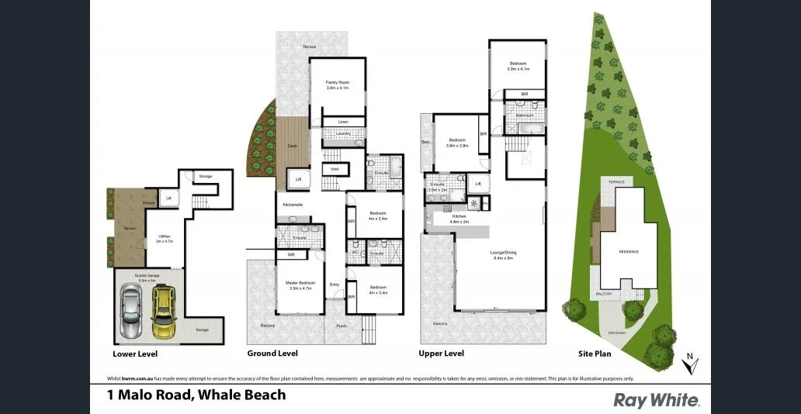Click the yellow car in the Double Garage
coord(163,312)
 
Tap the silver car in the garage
coord(130,310)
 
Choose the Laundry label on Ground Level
coord(342,133)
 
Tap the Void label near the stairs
coord(335,168)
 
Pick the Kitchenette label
coord(293,204)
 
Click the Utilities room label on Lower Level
coord(165,237)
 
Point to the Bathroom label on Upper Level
coord(524,116)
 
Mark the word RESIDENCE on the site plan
coord(628,252)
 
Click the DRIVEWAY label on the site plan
coord(618,333)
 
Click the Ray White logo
coord(657,400)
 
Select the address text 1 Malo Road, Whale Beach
coord(196,395)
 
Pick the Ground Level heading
coord(272,354)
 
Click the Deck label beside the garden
coord(292,146)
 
